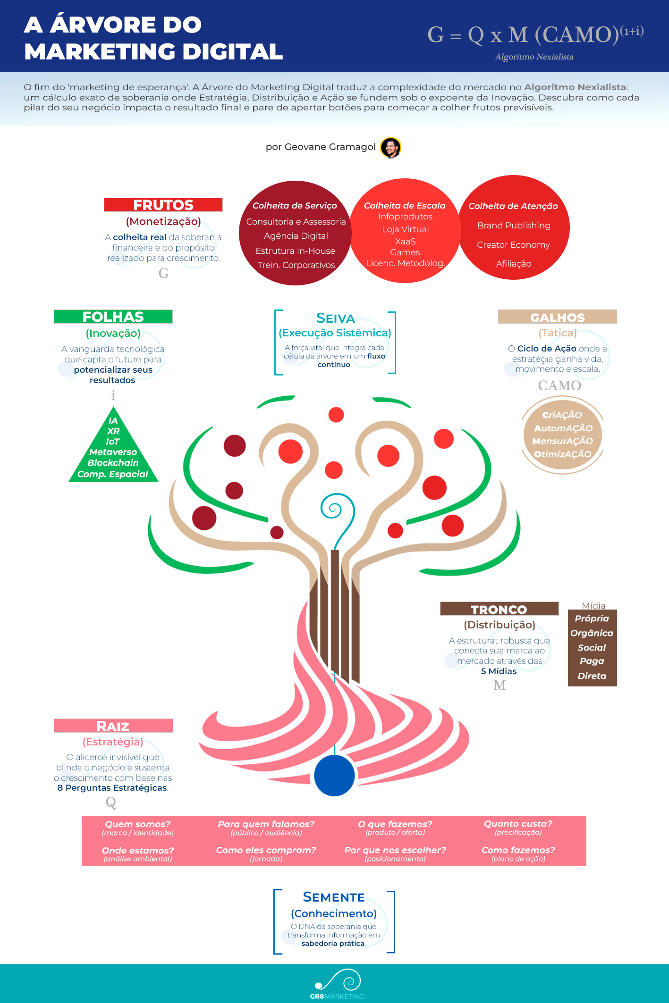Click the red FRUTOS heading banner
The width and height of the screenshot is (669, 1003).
pos(163,205)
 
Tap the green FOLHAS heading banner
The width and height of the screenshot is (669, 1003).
pos(113,317)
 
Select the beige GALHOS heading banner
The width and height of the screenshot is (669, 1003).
pos(558,317)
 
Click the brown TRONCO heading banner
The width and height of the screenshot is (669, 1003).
pos(499,609)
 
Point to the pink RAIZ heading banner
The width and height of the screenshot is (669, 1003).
pos(113,726)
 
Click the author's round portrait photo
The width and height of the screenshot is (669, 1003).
pos(390,148)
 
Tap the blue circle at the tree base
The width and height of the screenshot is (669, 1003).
pos(334,775)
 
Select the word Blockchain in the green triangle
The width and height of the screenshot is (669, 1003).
pos(113,463)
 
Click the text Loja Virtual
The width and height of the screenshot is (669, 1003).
pos(406,229)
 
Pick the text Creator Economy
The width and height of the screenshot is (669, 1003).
pos(513,245)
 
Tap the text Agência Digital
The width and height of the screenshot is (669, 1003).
pos(296,236)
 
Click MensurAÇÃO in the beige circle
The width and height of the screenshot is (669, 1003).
pos(562,441)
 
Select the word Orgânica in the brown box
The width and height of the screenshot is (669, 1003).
pos(592,633)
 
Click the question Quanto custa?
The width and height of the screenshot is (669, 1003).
pos(518,824)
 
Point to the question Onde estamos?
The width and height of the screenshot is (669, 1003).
pos(138,850)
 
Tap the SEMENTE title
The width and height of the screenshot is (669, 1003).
pos(334,897)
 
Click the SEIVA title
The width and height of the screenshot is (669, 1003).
pos(335,318)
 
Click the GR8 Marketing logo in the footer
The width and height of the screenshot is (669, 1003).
pos(337,984)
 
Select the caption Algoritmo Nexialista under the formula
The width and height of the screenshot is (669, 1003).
pos(534,57)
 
